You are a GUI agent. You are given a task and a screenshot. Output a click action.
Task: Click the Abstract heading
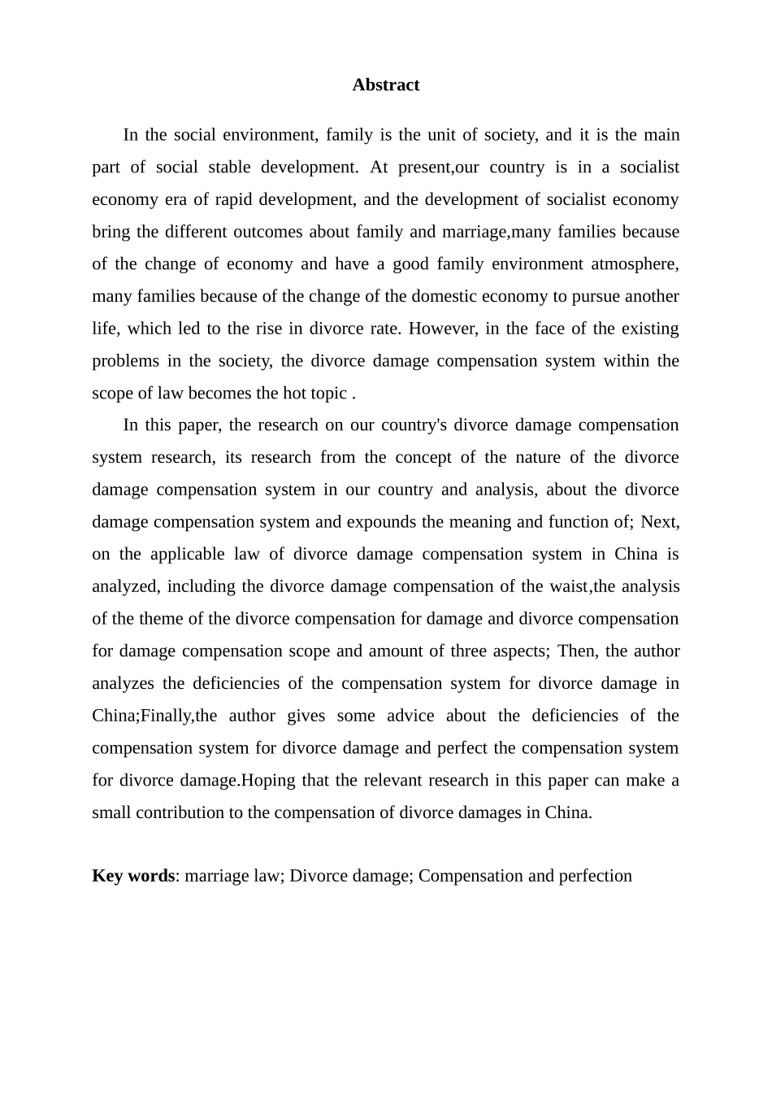click(x=385, y=85)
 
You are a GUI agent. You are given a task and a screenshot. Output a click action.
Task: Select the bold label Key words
click(x=133, y=876)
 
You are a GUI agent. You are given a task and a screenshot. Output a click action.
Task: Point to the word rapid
click(x=234, y=200)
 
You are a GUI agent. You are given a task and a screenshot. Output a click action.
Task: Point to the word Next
click(x=659, y=522)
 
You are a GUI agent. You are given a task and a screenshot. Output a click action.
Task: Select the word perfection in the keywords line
click(x=596, y=876)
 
